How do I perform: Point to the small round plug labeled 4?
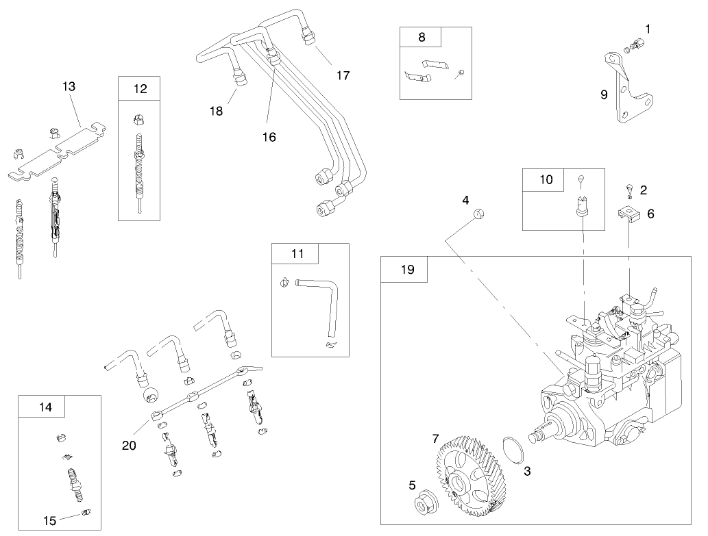click(x=478, y=215)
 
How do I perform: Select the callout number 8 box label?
click(x=421, y=38)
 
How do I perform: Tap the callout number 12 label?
click(x=140, y=88)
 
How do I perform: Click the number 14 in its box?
click(x=45, y=407)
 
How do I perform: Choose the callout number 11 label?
click(x=296, y=253)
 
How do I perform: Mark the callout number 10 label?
click(x=546, y=179)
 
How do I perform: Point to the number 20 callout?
click(x=129, y=445)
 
